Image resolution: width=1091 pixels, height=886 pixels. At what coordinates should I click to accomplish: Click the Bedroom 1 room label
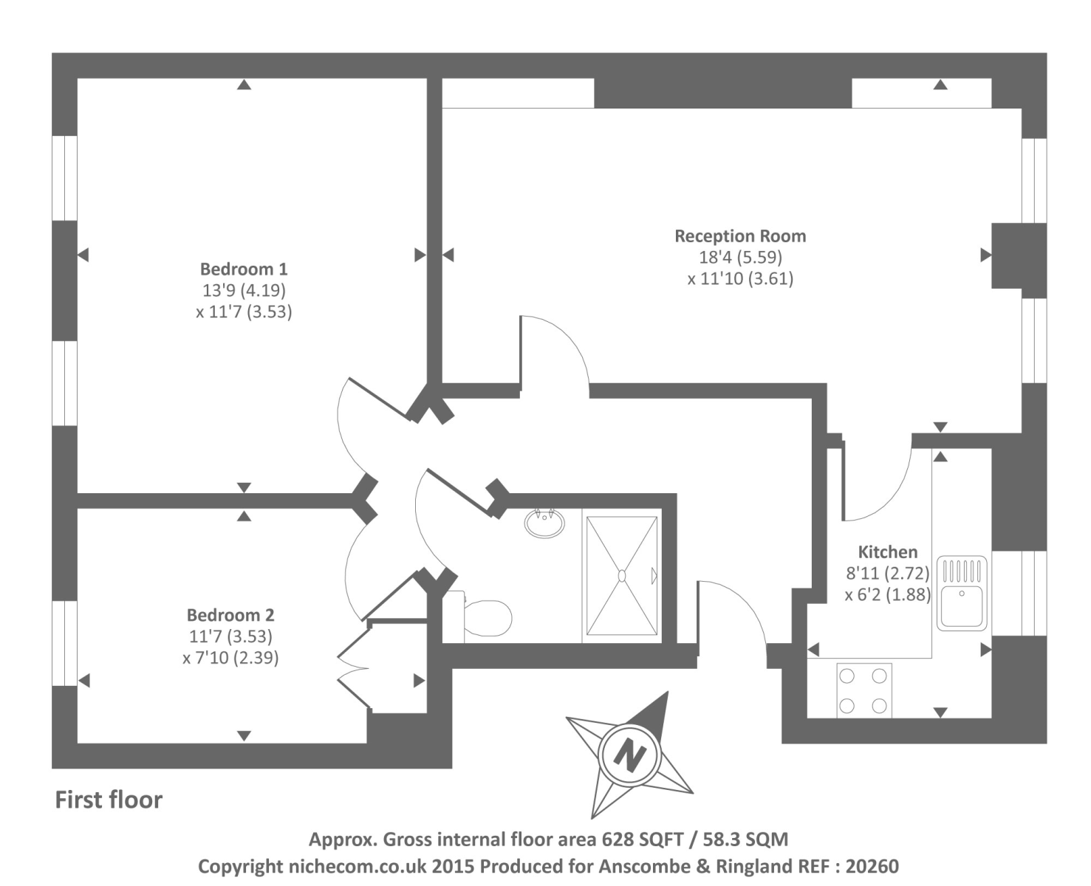coord(243,269)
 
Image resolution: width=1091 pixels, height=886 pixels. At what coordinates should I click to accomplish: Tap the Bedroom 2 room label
coord(230,615)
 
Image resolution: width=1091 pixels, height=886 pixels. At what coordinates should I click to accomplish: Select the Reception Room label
coord(740,236)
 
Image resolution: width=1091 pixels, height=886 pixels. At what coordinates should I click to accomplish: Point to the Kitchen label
coord(888,552)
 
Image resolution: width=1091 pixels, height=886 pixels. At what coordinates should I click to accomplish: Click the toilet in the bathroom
coord(479,617)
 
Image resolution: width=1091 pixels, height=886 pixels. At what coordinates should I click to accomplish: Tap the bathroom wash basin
coord(544,523)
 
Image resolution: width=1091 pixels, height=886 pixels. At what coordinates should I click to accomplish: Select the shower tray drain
coord(622,576)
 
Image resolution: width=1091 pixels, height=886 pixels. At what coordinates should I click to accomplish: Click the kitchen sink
coord(962,593)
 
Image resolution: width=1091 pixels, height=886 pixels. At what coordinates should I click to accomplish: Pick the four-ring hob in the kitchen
coord(864,690)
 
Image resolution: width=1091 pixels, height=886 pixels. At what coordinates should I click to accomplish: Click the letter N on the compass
coord(629,755)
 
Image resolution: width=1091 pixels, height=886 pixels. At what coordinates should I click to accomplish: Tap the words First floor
coord(109,800)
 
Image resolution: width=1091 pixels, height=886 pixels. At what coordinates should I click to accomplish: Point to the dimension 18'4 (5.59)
coord(741,258)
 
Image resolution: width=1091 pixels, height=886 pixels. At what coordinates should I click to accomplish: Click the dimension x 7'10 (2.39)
coord(230,658)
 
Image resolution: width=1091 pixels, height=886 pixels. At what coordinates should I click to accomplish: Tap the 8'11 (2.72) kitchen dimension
coord(888,573)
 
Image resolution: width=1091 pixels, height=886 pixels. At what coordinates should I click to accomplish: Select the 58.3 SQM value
coord(745,839)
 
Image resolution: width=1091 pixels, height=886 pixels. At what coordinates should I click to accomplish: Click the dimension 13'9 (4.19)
coord(244,290)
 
